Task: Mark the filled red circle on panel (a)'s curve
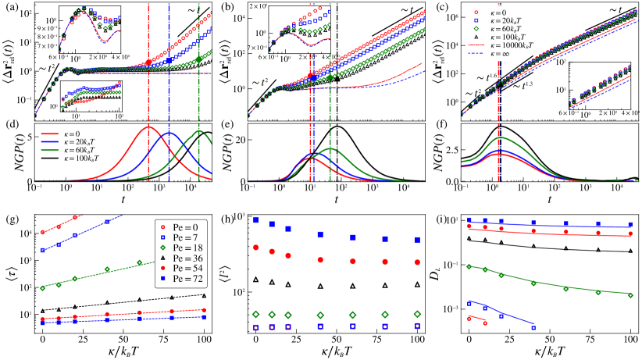[x=148, y=62]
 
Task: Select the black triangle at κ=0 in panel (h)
[x=255, y=279]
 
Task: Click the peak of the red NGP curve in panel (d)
[x=148, y=127]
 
